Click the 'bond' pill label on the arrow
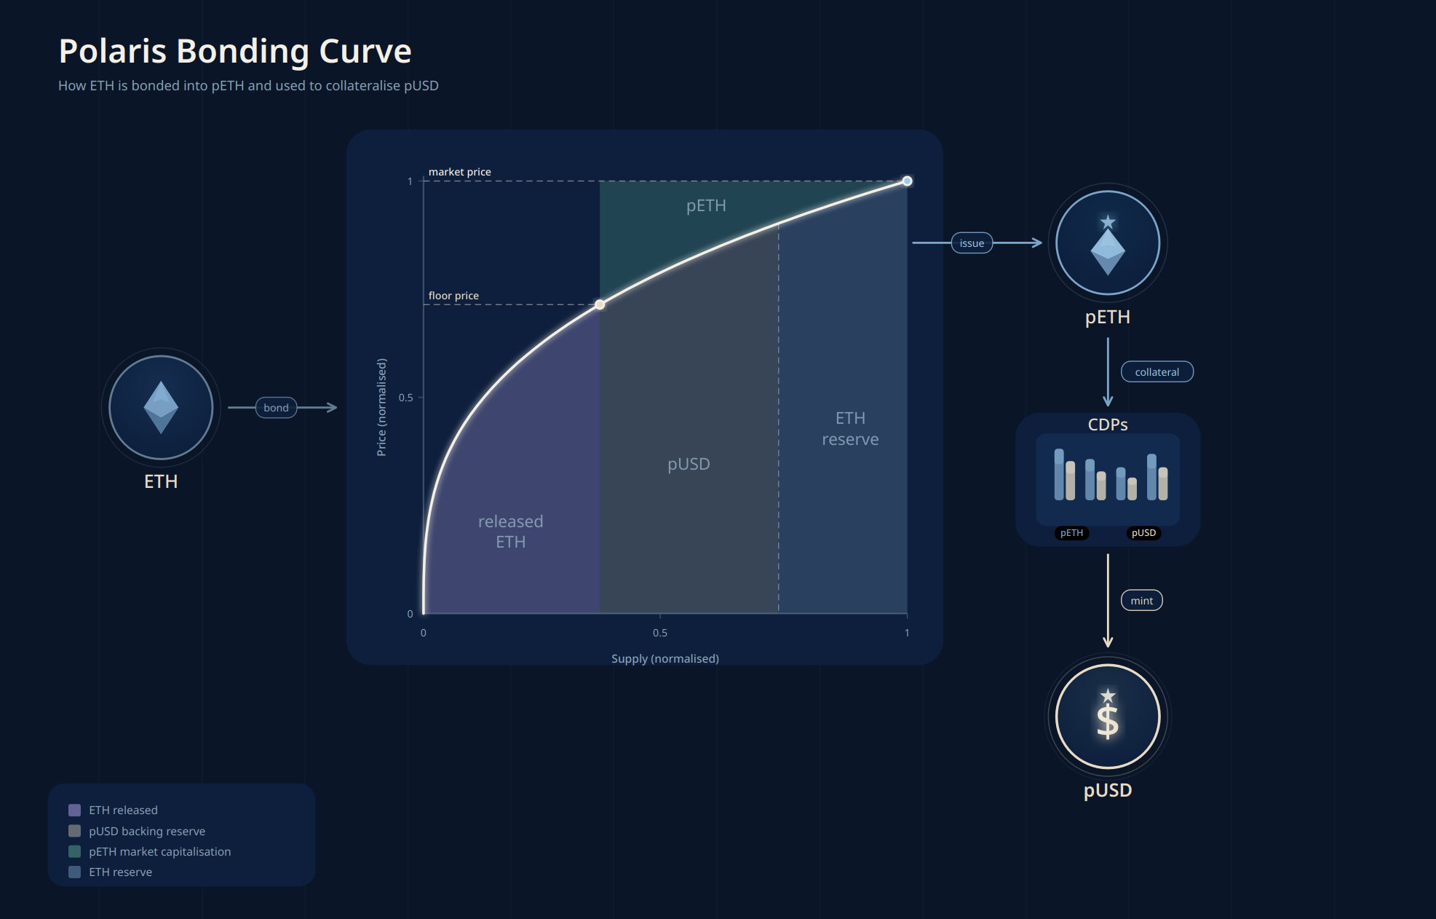pyautogui.click(x=276, y=408)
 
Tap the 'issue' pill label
pyautogui.click(x=972, y=243)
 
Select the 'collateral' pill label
pyautogui.click(x=1157, y=372)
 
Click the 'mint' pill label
pyautogui.click(x=1141, y=601)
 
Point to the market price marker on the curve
pyautogui.click(x=907, y=181)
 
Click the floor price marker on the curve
pyautogui.click(x=600, y=304)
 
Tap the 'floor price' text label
pyautogui.click(x=453, y=296)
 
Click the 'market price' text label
pyautogui.click(x=459, y=172)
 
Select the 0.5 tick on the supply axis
pyautogui.click(x=660, y=632)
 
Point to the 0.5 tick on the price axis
pyautogui.click(x=406, y=398)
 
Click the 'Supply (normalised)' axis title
pyautogui.click(x=665, y=658)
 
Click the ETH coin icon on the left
pyautogui.click(x=161, y=407)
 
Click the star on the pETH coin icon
pyautogui.click(x=1107, y=221)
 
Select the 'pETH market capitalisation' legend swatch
pyautogui.click(x=74, y=851)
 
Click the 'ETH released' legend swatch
pyautogui.click(x=74, y=810)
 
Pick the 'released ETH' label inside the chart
pyautogui.click(x=510, y=532)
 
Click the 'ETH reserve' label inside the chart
pyautogui.click(x=850, y=429)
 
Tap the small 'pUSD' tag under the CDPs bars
pyautogui.click(x=1143, y=533)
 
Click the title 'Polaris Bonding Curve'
pyautogui.click(x=235, y=52)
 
